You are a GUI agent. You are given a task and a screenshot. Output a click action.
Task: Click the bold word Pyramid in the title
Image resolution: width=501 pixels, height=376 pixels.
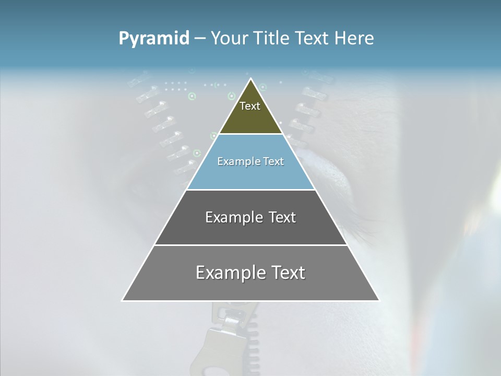pyautogui.click(x=154, y=38)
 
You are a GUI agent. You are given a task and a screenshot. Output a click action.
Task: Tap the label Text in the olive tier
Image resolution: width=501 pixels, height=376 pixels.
pyautogui.click(x=250, y=106)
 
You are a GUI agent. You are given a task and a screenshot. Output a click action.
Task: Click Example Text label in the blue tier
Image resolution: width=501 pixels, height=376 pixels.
pyautogui.click(x=250, y=161)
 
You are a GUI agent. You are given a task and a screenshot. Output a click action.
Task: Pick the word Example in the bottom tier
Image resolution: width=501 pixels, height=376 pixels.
pyautogui.click(x=230, y=273)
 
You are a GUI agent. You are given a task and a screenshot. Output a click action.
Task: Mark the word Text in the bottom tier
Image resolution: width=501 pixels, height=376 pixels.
pyautogui.click(x=286, y=273)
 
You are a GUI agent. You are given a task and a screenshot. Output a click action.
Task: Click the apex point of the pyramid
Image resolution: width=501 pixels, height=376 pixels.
pyautogui.click(x=251, y=79)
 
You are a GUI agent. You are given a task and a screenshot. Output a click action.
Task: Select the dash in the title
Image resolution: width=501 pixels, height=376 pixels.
pyautogui.click(x=200, y=38)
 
